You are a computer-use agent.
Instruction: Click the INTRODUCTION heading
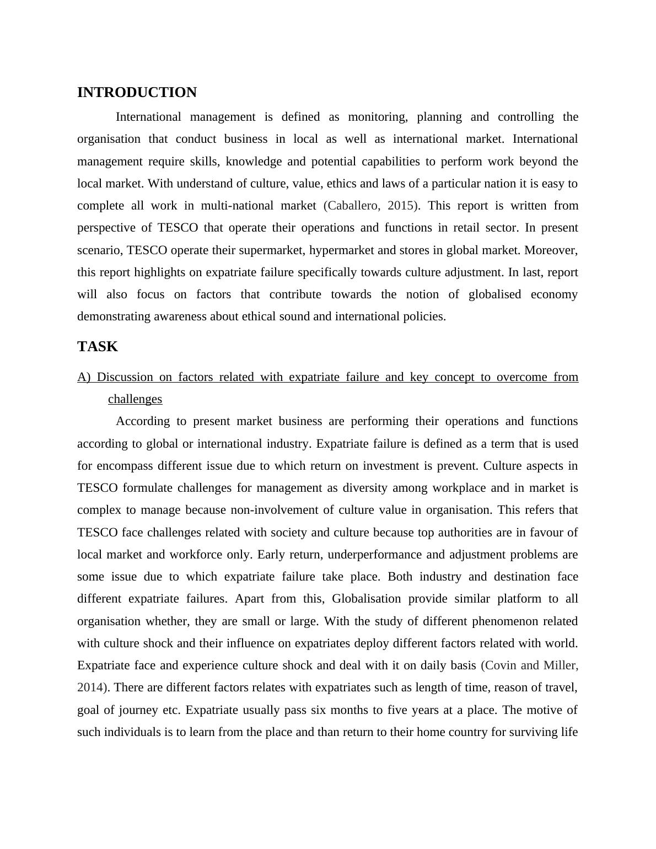tap(137, 93)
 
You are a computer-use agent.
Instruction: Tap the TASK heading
tap(98, 347)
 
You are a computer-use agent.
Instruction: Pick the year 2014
tap(90, 687)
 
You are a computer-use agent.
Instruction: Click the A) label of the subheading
tap(84, 377)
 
